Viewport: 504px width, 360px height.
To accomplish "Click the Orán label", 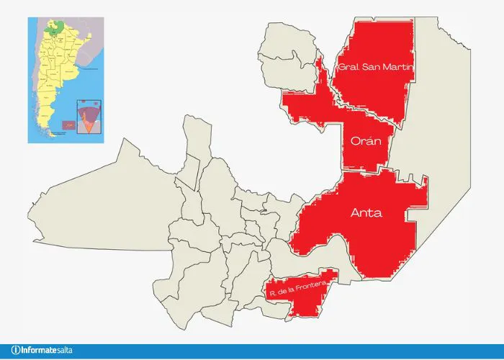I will coord(366,142).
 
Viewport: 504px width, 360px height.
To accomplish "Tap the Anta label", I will coord(366,214).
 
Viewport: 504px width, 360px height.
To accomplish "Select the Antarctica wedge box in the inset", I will coord(87,117).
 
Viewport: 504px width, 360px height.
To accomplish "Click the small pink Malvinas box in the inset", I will coord(68,126).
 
